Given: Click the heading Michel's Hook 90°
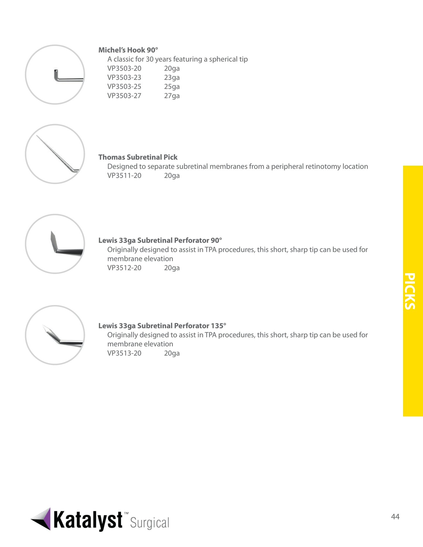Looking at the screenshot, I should pos(128,50).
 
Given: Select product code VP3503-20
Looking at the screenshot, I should pos(124,68).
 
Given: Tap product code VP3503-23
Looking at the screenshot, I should pos(124,78).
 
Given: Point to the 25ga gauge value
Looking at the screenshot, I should pos(172,87).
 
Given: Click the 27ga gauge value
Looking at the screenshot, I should pos(172,96).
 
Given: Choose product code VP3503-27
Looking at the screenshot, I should pos(124,96).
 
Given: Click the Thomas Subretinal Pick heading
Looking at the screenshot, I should pos(138,157).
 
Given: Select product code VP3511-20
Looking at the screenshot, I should pos(124,176).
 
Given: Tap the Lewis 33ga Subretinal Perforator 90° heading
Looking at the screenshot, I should pos(160,240).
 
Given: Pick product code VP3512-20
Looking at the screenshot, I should pos(124,268).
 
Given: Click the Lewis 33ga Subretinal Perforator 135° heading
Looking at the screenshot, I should pos(162,326).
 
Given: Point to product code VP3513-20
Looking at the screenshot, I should pos(124,353).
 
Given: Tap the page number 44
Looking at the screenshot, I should pos(395,517).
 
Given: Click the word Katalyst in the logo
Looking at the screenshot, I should pos(88,520).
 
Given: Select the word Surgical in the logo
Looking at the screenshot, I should pos(150,523).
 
